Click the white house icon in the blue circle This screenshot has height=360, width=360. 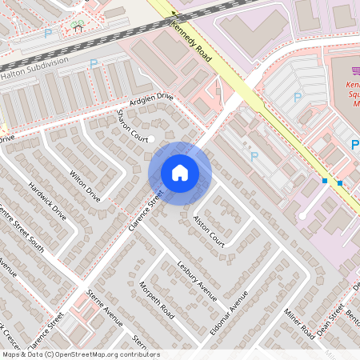[x=180, y=173]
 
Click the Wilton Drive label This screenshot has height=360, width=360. [x=86, y=184]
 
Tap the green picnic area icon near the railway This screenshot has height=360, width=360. [x=78, y=25]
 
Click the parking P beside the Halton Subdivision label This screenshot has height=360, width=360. [x=94, y=63]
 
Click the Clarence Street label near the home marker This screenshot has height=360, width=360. [x=145, y=211]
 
